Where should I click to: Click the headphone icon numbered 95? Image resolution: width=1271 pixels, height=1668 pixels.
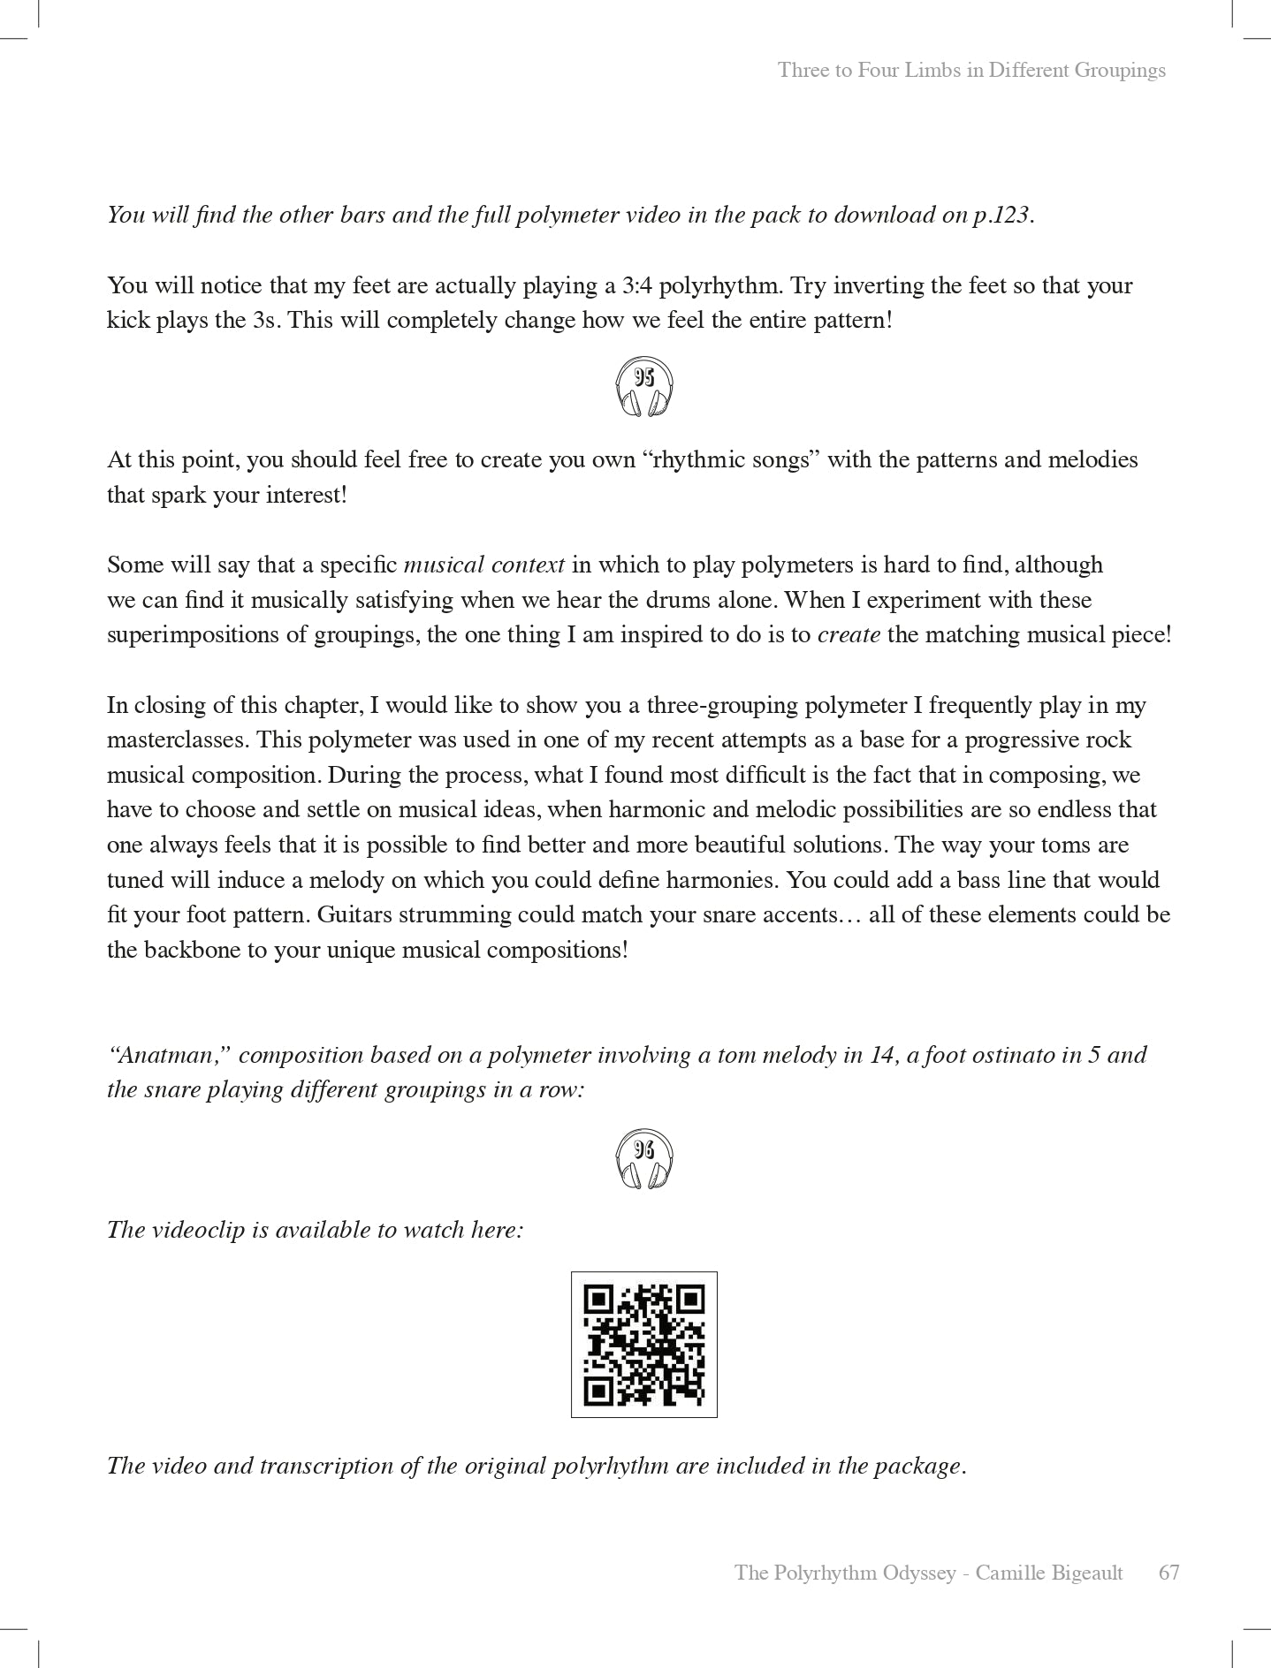click(643, 386)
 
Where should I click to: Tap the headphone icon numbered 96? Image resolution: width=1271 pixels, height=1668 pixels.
click(643, 1157)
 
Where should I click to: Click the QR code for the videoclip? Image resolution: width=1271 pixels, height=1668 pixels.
click(643, 1344)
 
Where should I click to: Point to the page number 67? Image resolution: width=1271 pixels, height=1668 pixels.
click(1168, 1573)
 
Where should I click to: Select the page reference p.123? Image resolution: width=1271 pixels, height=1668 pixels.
click(1001, 216)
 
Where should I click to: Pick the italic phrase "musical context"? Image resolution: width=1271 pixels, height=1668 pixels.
click(483, 565)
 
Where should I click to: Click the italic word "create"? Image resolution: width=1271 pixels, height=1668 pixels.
click(849, 635)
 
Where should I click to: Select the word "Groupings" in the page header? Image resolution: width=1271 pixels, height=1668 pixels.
click(1120, 71)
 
